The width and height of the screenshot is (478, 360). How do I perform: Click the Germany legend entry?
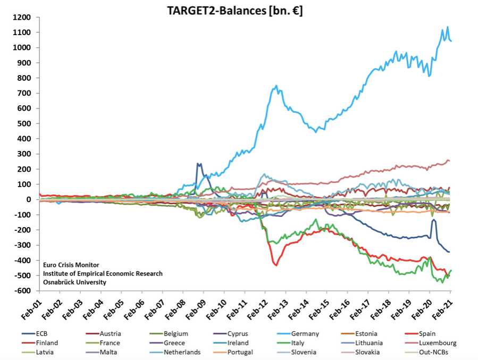coord(305,334)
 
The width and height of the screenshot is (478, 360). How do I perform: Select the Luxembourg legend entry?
coord(438,343)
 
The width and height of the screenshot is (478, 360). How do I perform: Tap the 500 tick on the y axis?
coord(26,124)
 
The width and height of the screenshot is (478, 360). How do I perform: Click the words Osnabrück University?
coord(74,282)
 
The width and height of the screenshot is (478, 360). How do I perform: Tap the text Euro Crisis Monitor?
coord(71,265)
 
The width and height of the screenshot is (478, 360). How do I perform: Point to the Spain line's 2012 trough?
coord(276,265)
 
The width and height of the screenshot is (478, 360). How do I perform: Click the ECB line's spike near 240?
coord(199,164)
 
